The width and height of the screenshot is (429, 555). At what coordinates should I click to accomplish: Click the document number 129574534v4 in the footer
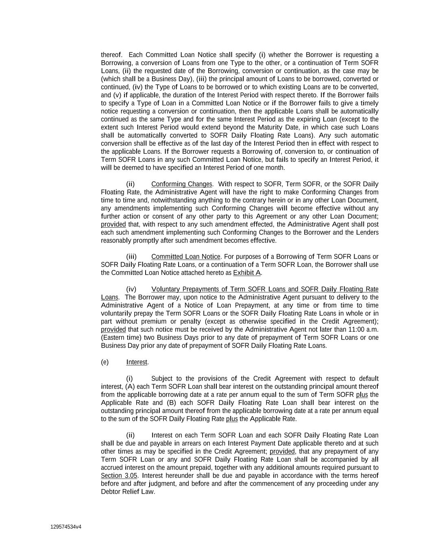(66, 527)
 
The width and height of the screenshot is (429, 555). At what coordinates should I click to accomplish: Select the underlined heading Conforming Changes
(181, 184)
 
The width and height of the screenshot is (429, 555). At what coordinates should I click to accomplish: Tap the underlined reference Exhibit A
(247, 273)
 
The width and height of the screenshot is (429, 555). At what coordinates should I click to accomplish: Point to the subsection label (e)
(105, 362)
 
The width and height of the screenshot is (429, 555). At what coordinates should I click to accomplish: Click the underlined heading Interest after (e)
(137, 362)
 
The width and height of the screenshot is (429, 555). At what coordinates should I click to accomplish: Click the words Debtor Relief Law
(127, 492)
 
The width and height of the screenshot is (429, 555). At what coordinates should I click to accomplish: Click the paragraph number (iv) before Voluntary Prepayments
(131, 289)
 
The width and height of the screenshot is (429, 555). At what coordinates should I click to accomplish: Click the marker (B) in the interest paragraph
(171, 403)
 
